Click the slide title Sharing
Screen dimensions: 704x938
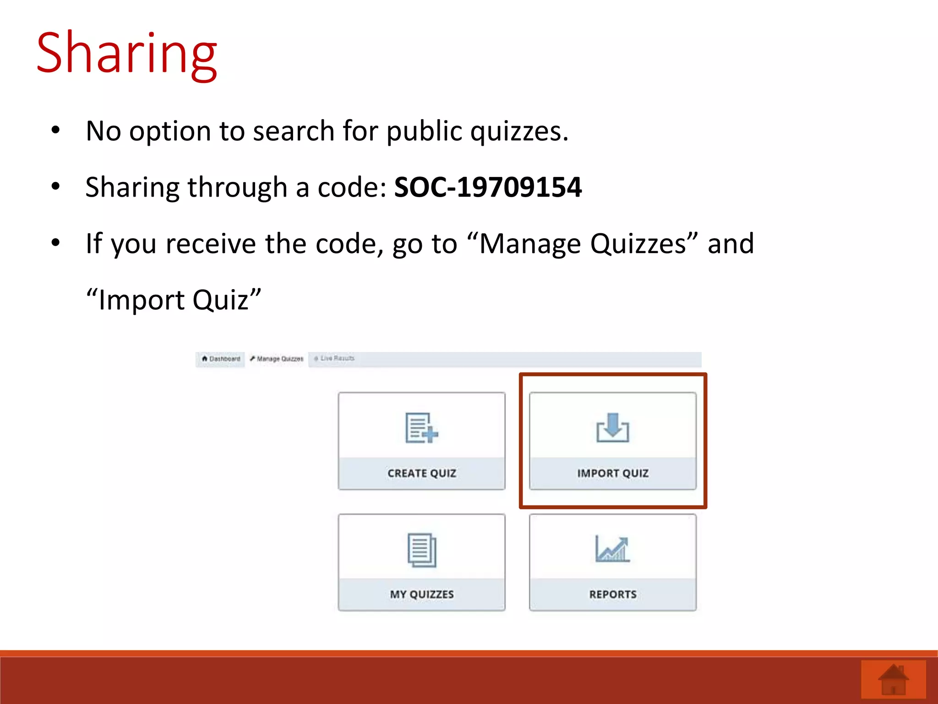tap(126, 54)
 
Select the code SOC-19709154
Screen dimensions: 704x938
tap(488, 187)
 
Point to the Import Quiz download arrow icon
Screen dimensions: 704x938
tap(613, 428)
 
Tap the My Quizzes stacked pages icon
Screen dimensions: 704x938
tap(422, 550)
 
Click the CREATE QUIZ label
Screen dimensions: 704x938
tap(422, 473)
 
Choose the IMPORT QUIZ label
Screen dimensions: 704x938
tap(613, 473)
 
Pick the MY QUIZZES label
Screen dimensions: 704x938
tap(422, 594)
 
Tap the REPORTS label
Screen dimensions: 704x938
tap(613, 594)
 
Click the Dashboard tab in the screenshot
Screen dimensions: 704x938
tap(221, 359)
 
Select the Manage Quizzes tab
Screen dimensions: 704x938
tap(277, 359)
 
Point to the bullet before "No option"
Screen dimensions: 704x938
tap(55, 130)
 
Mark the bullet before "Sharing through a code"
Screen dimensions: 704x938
tap(55, 187)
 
